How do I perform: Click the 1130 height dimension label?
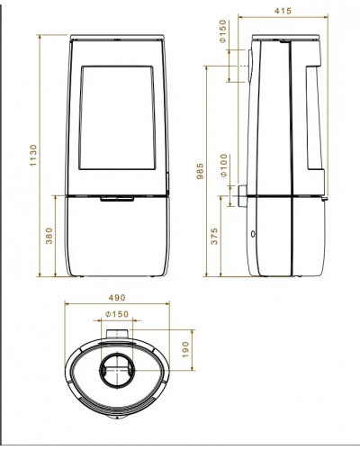(x=33, y=155)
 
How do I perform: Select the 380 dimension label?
(x=49, y=236)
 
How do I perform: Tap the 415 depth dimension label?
(x=283, y=11)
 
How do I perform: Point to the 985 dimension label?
(x=200, y=171)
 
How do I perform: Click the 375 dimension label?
(x=214, y=237)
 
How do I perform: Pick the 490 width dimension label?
(x=117, y=298)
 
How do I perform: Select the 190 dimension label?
(x=185, y=349)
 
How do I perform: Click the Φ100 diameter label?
(x=224, y=166)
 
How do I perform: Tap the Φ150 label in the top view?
(x=117, y=314)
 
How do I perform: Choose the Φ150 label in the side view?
(x=223, y=31)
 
